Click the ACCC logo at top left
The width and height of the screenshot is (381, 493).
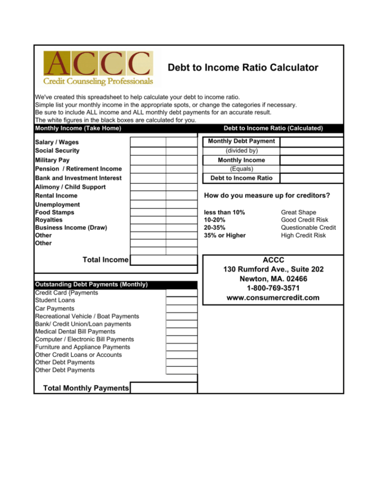[x=98, y=68]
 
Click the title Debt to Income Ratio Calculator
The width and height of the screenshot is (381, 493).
[x=243, y=68]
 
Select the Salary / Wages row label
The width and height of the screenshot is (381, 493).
[x=57, y=142]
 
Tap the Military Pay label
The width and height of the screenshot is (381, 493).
[x=52, y=160]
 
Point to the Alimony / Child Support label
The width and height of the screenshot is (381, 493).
[x=70, y=187]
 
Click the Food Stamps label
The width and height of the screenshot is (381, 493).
[x=54, y=212]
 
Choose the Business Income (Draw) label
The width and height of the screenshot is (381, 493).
[x=71, y=228]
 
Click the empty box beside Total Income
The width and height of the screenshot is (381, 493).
[x=163, y=260]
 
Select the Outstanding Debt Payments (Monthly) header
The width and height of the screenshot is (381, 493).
[x=92, y=285]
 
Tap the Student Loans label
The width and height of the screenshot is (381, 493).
[x=55, y=300]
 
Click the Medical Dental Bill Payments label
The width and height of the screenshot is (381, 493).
[x=75, y=331]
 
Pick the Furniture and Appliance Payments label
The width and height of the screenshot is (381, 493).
[x=82, y=347]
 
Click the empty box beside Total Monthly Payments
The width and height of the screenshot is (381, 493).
[x=164, y=388]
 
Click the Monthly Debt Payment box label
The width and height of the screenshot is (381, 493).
[x=242, y=141]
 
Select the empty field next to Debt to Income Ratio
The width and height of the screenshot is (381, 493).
[x=311, y=178]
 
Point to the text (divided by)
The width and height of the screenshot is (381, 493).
[x=242, y=150]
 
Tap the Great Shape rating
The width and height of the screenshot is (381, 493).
[x=299, y=212]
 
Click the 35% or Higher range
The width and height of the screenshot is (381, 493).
[x=225, y=235]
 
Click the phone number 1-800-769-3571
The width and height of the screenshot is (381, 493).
[x=273, y=288]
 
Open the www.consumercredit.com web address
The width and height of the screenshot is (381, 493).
[x=273, y=298]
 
